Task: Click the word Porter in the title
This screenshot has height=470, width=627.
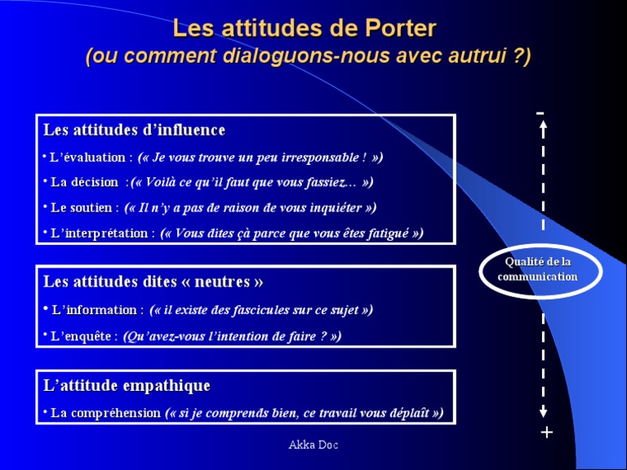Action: point(395,29)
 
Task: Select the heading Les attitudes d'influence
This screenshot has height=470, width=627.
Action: point(134,131)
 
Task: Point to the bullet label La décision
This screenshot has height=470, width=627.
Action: point(84,182)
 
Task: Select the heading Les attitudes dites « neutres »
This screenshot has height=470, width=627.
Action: point(153,282)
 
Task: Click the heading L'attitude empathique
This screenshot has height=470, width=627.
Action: point(127,385)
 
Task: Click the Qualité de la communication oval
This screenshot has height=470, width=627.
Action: point(538,270)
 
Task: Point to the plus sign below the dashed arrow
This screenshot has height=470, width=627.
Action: point(546,432)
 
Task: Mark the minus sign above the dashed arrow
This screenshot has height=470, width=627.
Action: point(540,113)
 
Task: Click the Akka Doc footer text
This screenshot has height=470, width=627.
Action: point(313,445)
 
